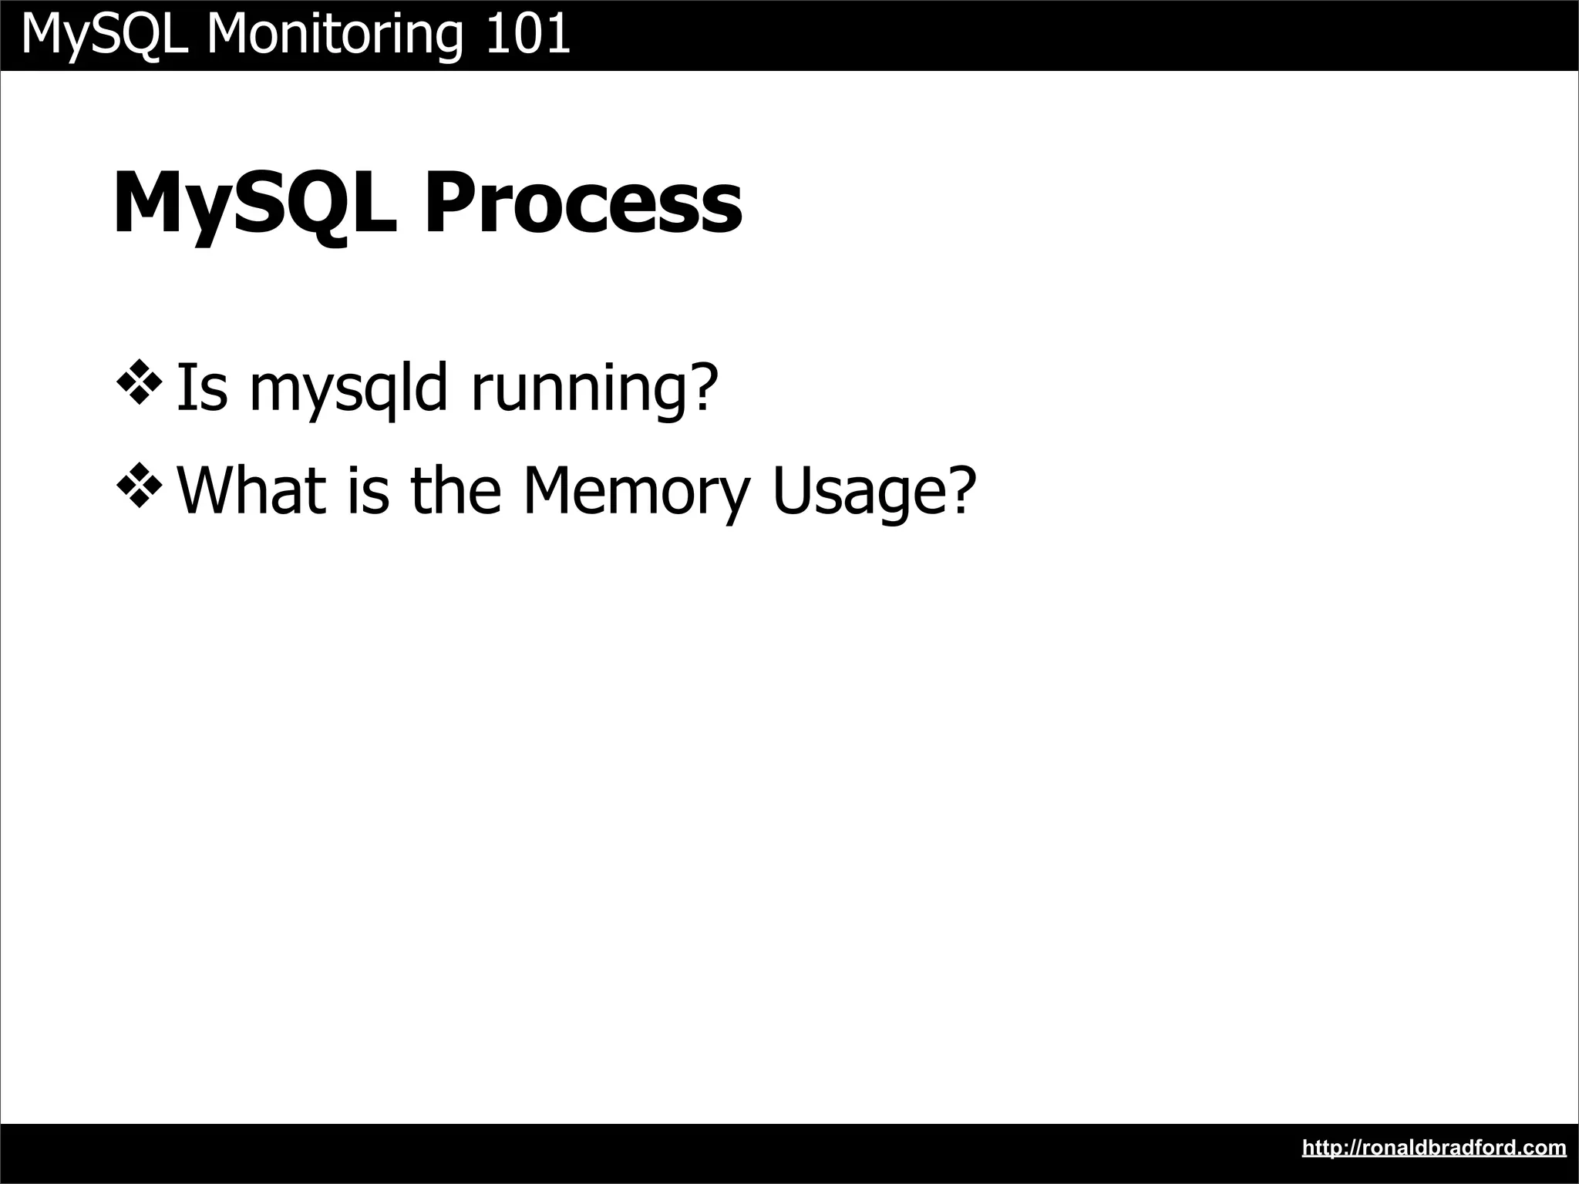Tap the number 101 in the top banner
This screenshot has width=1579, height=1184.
click(x=528, y=35)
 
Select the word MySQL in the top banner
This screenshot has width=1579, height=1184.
click(x=105, y=35)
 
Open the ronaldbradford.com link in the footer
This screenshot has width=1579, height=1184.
click(x=1434, y=1148)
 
